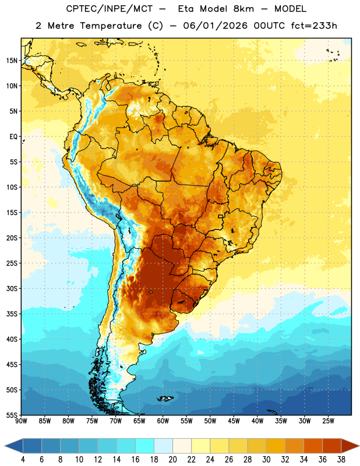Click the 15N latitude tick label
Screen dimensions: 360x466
click(x=12, y=61)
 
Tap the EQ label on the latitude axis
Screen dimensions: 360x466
click(x=13, y=137)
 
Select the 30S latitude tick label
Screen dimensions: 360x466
click(x=12, y=288)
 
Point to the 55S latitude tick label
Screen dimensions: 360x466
click(x=12, y=415)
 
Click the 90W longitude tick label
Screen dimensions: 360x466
click(x=21, y=421)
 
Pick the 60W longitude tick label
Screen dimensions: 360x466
click(x=163, y=421)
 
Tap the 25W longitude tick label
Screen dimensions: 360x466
click(x=328, y=421)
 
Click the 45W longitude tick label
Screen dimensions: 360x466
click(x=234, y=421)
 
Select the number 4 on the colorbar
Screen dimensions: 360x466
click(x=23, y=460)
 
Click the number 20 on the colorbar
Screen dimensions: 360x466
click(x=172, y=460)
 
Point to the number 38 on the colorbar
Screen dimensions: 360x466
click(x=341, y=460)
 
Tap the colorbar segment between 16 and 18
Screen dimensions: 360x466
click(x=145, y=446)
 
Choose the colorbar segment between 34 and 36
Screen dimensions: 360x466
click(x=313, y=446)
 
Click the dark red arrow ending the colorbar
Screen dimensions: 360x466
click(x=350, y=446)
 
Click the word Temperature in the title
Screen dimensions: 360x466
click(x=111, y=26)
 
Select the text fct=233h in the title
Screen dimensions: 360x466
click(x=314, y=26)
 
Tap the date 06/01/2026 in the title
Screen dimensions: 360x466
click(x=215, y=26)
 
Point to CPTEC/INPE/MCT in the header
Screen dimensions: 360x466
click(x=109, y=9)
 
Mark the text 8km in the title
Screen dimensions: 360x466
click(x=243, y=9)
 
